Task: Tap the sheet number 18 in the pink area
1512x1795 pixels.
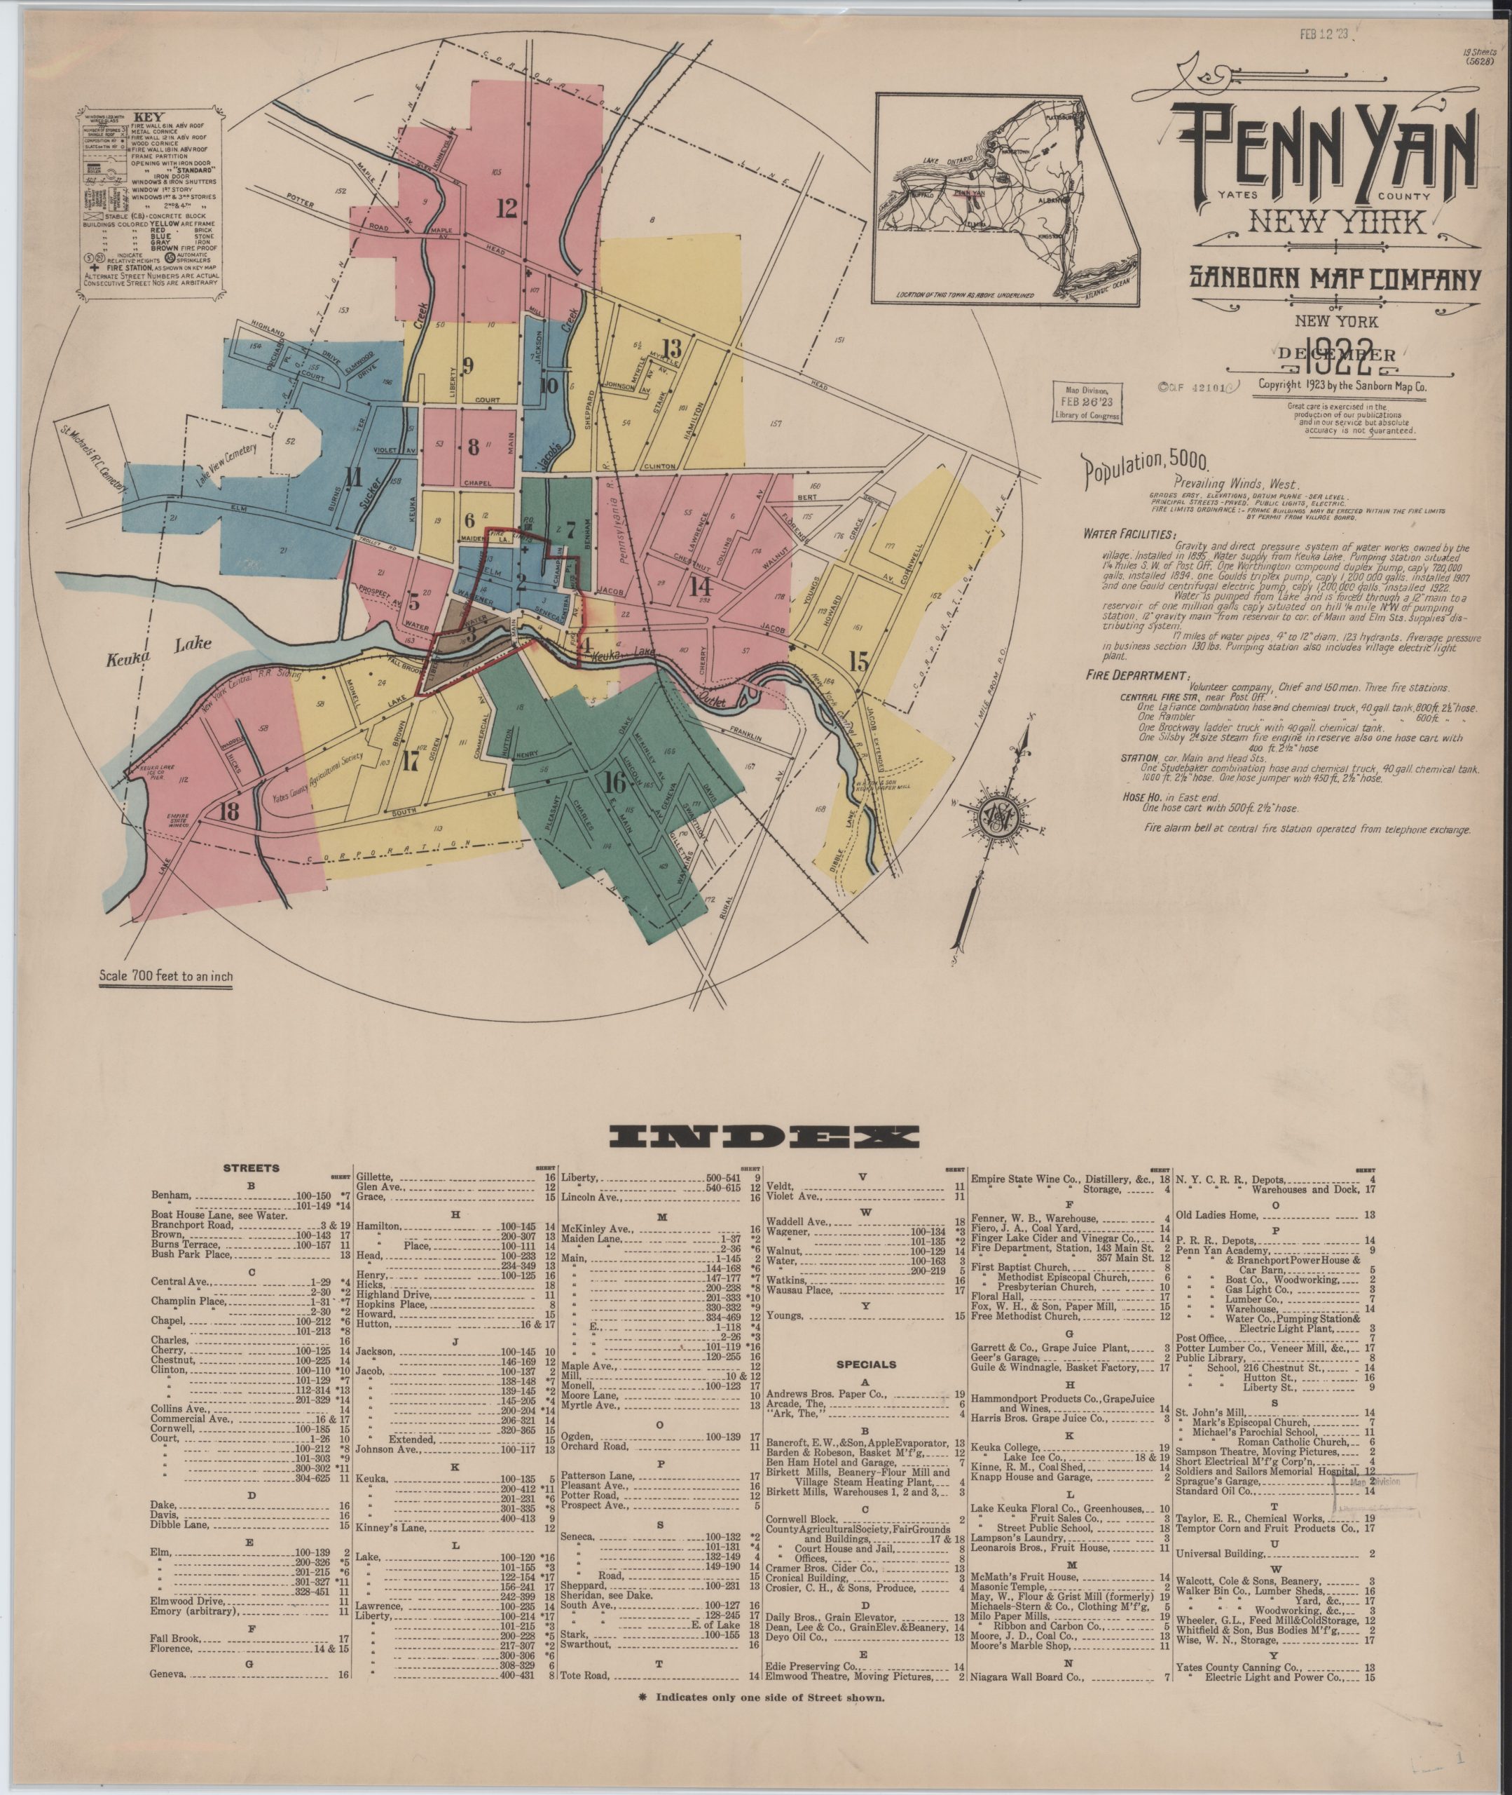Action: pyautogui.click(x=229, y=812)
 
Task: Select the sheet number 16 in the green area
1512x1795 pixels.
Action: pyautogui.click(x=614, y=783)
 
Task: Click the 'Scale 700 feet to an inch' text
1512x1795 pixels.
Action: pyautogui.click(x=165, y=975)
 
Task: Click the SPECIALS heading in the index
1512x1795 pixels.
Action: pyautogui.click(x=866, y=1364)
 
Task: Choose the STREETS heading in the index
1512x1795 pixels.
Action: pyautogui.click(x=251, y=1168)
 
